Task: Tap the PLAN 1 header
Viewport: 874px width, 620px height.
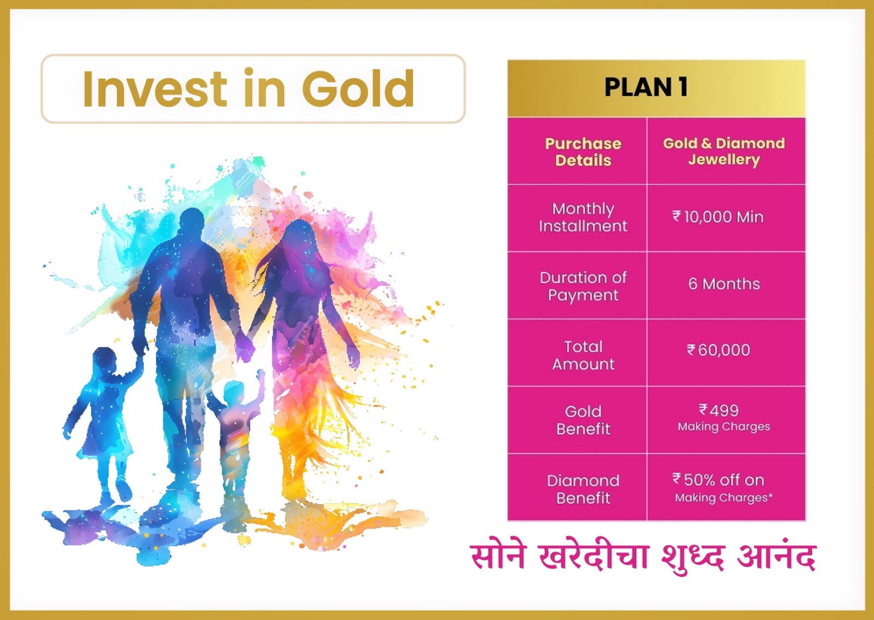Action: click(x=646, y=87)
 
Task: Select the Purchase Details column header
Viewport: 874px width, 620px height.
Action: click(x=583, y=152)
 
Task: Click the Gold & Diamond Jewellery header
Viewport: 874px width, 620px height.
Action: click(x=724, y=151)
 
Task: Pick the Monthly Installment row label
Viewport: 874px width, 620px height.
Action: click(x=583, y=217)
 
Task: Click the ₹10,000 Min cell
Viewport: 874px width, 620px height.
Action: click(x=718, y=217)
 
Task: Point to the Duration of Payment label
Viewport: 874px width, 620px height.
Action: click(x=583, y=286)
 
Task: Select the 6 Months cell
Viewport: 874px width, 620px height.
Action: click(x=724, y=284)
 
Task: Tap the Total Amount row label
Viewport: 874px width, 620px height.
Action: click(x=583, y=356)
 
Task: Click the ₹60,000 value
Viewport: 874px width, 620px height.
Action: click(x=718, y=350)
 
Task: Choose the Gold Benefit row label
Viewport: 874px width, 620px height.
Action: click(x=583, y=420)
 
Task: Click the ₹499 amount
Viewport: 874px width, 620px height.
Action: click(x=718, y=410)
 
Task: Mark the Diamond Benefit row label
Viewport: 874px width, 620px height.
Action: click(x=583, y=489)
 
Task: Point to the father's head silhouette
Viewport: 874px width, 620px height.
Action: click(x=192, y=225)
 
